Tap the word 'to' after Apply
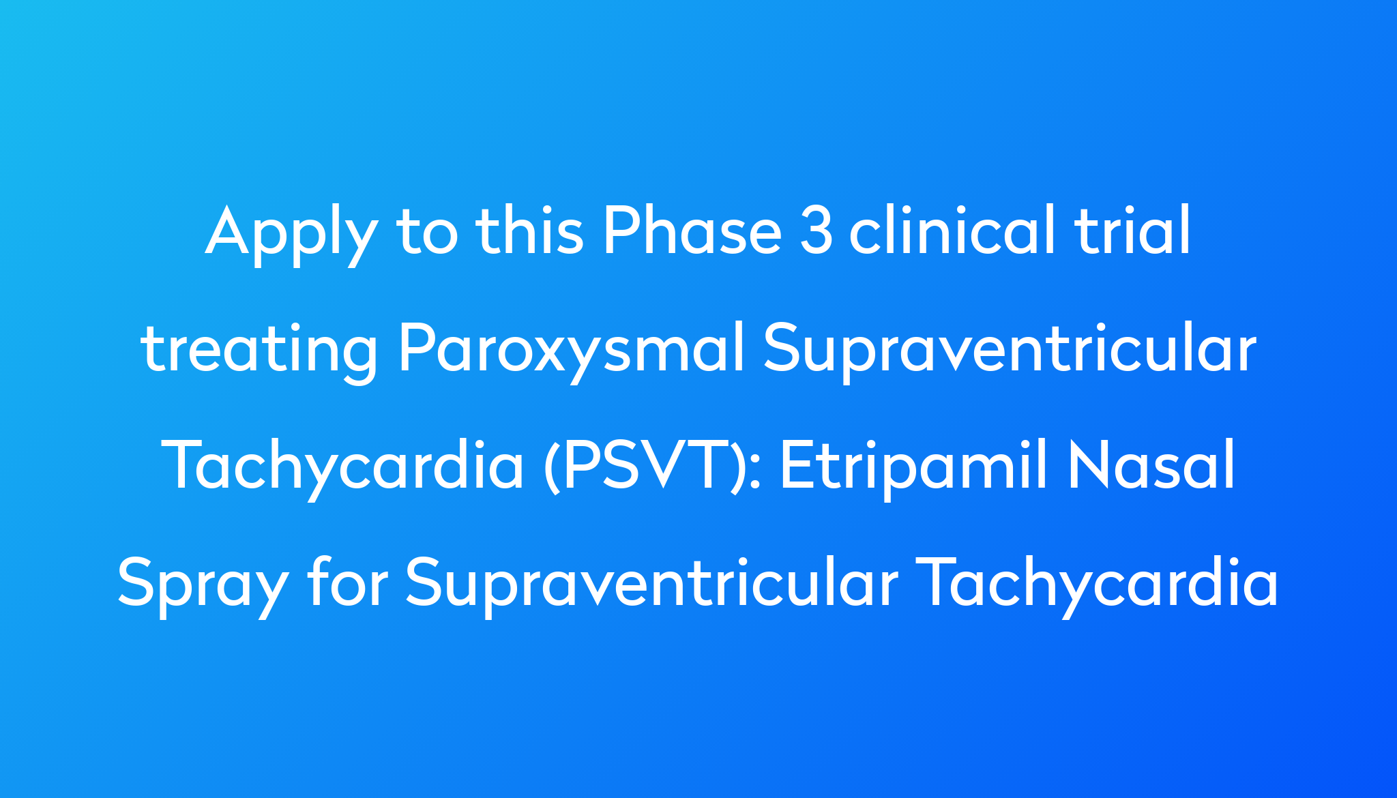point(428,232)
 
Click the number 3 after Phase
point(817,232)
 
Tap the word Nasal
point(1152,465)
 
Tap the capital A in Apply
point(229,232)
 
